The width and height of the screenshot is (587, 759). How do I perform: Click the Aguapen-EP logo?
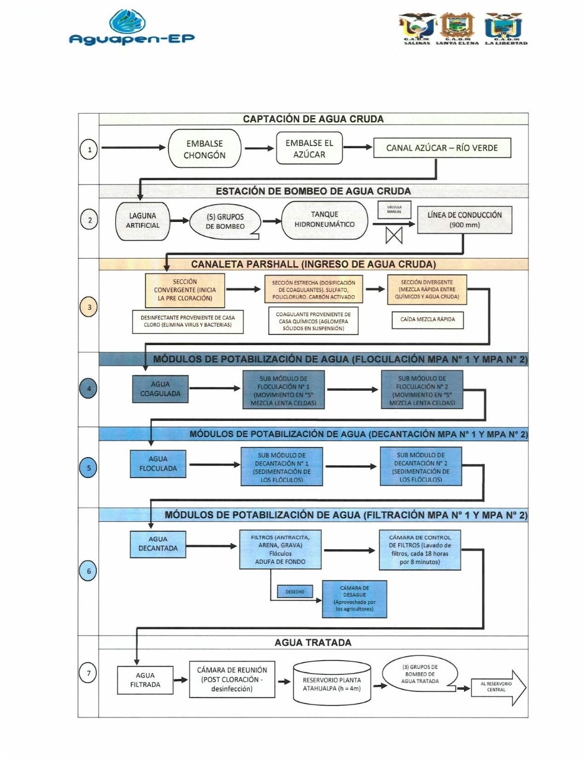132,28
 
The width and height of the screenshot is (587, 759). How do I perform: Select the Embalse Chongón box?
204,149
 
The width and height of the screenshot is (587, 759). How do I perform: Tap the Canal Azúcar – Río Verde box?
442,148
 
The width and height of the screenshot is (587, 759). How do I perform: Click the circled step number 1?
89,149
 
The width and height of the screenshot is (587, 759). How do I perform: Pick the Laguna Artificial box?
142,221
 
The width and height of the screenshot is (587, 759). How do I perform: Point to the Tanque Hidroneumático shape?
324,220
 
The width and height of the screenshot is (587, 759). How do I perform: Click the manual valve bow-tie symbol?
394,235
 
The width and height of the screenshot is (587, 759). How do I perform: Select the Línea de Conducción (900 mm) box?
464,220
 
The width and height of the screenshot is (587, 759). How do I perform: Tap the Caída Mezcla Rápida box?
427,320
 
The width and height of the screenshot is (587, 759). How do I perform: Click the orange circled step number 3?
89,307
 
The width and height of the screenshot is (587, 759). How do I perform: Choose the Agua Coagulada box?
160,389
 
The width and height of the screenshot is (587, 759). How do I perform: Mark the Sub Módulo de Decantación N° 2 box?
421,467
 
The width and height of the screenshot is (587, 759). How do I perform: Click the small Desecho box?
295,592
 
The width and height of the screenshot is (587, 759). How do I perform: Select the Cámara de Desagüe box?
354,598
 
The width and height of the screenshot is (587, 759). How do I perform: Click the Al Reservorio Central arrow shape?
498,687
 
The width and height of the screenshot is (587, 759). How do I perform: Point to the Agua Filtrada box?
145,680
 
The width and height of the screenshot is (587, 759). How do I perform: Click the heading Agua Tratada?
313,643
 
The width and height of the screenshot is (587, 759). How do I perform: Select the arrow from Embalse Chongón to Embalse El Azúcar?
259,148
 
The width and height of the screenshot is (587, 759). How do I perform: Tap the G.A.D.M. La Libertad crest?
504,27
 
